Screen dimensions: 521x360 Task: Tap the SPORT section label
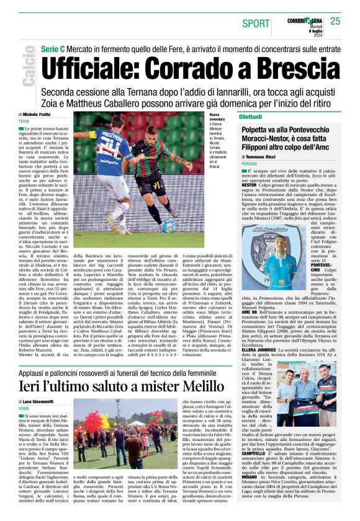click(x=256, y=24)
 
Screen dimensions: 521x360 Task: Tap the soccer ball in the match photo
click(x=168, y=226)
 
